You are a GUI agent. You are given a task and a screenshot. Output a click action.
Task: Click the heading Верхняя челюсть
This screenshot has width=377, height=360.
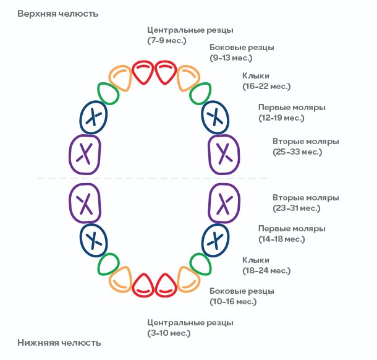[57, 13]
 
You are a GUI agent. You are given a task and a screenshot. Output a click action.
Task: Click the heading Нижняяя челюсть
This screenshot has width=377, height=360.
[59, 342]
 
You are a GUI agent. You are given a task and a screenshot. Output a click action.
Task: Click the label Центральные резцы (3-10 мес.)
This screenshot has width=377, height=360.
[190, 328]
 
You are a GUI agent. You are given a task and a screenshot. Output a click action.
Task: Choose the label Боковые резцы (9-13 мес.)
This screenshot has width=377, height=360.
[242, 53]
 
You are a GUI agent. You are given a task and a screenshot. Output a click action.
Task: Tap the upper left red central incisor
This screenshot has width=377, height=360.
[143, 73]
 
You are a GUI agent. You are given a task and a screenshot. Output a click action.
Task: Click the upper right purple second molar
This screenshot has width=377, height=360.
[224, 152]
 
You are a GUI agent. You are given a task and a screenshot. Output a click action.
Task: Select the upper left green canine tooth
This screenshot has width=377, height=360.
[109, 94]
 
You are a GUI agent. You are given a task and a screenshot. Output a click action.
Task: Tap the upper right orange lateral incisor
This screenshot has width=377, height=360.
[187, 78]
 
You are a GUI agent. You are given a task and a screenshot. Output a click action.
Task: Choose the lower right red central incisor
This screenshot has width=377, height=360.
[166, 285]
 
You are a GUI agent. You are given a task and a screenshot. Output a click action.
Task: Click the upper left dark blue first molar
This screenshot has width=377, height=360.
[93, 116]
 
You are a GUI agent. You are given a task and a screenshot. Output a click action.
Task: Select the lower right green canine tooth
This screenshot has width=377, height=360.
[200, 263]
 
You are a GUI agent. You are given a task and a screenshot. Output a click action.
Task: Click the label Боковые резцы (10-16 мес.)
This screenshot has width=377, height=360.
[242, 296]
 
